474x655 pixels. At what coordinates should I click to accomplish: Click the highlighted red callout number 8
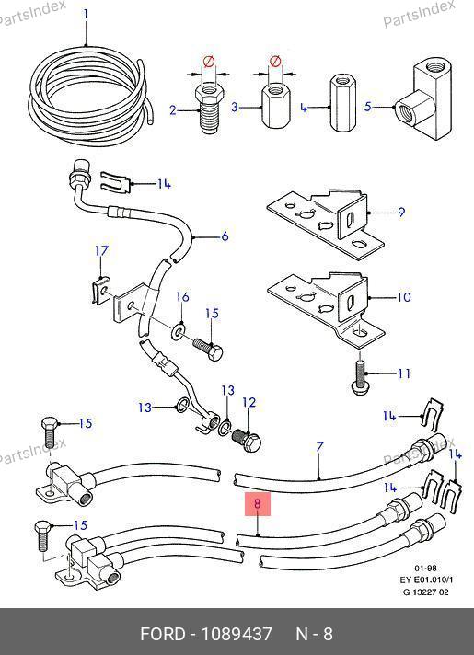(258, 504)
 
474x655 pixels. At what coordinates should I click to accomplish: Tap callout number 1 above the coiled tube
(86, 15)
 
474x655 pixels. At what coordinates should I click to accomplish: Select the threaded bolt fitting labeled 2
(209, 109)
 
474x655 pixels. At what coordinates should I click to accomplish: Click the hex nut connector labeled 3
(274, 105)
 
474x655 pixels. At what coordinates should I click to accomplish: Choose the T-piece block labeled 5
(424, 100)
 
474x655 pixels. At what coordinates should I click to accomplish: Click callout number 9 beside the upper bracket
(401, 213)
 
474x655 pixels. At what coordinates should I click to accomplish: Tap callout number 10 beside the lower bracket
(404, 297)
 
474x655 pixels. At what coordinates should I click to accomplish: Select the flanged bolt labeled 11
(359, 379)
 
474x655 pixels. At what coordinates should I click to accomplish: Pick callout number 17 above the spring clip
(101, 251)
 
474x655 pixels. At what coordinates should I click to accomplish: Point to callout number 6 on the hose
(225, 236)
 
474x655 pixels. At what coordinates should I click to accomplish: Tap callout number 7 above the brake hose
(319, 447)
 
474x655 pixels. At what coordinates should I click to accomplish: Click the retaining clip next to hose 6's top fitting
(116, 181)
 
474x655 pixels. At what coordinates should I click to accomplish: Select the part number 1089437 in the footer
(237, 634)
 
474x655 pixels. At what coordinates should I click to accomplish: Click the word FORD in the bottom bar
(163, 634)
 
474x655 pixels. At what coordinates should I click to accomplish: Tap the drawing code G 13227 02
(426, 592)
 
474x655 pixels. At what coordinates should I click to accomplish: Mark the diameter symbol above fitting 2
(208, 63)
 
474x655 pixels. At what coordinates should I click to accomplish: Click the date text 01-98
(425, 569)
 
